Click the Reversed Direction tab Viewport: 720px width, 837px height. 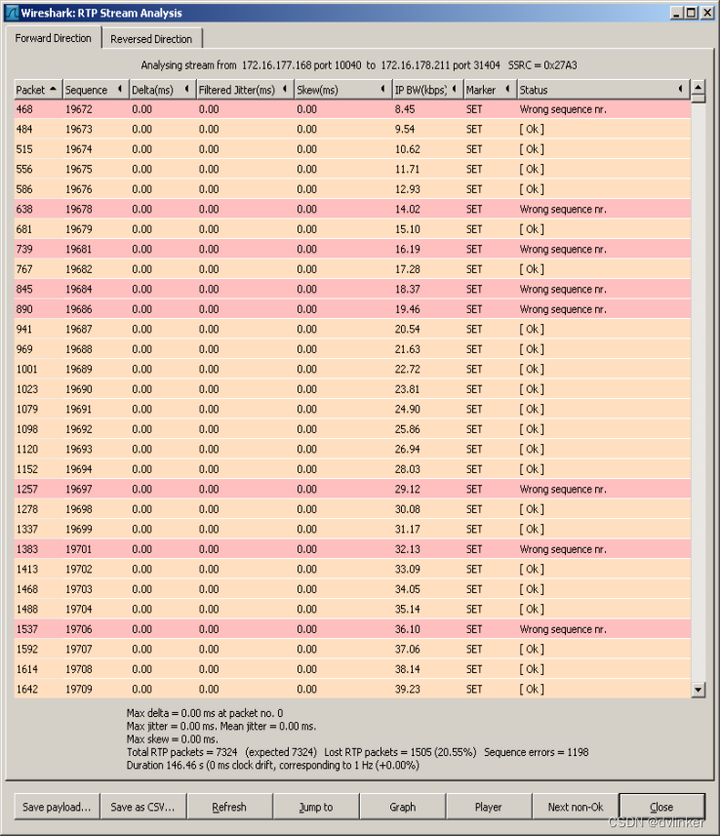point(151,39)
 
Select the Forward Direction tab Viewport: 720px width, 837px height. point(54,38)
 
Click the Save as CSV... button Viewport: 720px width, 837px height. point(141,807)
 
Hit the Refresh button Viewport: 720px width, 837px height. point(228,807)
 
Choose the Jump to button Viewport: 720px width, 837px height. point(315,807)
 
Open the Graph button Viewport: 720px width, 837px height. point(402,807)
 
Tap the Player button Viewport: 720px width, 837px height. point(488,807)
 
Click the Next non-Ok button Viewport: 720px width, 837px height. point(575,807)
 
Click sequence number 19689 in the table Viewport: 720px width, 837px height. point(79,369)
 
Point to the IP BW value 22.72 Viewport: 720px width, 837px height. point(407,369)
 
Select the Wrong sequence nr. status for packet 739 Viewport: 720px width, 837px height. point(562,249)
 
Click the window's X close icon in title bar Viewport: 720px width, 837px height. point(706,13)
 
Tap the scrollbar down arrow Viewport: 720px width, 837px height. point(698,690)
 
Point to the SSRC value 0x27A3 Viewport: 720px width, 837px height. point(562,64)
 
